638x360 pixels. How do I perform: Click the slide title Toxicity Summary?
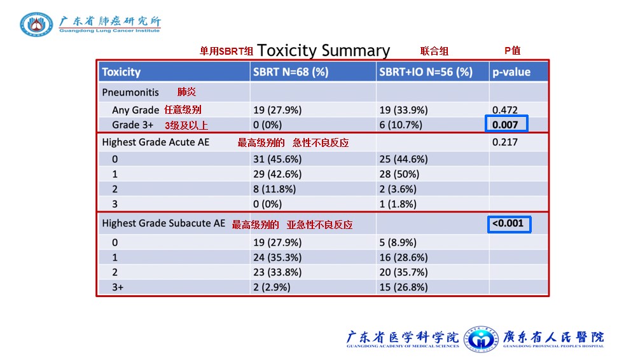[324, 50]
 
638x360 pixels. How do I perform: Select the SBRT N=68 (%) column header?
[291, 72]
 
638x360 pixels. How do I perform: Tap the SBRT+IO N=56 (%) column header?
[426, 72]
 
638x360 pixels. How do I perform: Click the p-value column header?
[511, 73]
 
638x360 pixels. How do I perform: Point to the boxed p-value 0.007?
[505, 125]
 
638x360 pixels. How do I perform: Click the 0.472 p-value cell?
[505, 110]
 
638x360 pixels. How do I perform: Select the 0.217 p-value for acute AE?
[505, 142]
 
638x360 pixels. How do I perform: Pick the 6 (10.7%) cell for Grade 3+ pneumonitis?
[401, 125]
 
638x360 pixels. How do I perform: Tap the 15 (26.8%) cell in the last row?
[404, 287]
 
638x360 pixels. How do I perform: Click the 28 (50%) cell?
[399, 174]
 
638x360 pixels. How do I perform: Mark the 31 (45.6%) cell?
[277, 159]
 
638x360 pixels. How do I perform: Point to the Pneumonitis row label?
[130, 92]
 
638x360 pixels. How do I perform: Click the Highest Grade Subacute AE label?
[163, 223]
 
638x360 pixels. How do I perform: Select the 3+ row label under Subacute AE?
[118, 287]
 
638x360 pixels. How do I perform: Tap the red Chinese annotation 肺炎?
[186, 92]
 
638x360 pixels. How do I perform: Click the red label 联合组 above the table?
[434, 51]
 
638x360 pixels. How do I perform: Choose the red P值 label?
[512, 50]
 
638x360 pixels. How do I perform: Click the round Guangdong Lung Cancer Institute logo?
[36, 24]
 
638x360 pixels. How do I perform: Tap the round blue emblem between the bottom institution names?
[482, 339]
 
